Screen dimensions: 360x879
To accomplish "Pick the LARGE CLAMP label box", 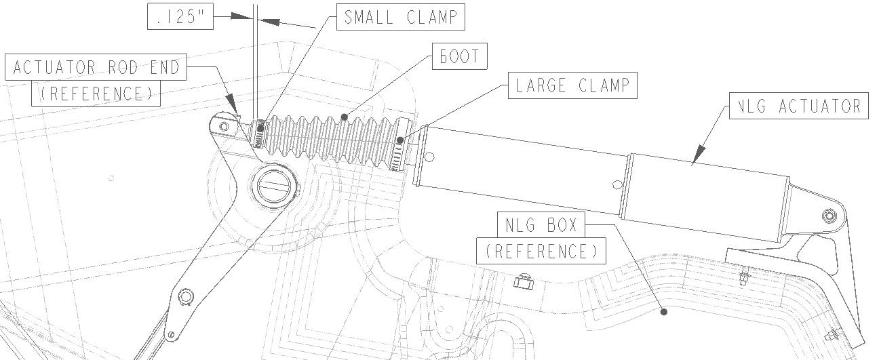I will tap(572, 86).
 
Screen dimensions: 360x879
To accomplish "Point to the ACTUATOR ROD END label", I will tap(96, 68).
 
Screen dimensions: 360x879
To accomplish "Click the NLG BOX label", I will tap(541, 223).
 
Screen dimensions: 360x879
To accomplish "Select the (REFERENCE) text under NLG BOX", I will tap(541, 252).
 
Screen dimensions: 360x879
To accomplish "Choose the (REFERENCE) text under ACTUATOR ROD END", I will tap(96, 94).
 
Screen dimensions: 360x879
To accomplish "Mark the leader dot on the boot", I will tap(345, 117).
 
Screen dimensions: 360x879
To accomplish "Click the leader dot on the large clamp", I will tap(401, 141).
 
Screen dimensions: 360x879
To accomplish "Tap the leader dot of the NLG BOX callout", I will tap(664, 312).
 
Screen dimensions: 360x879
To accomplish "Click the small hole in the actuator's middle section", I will tap(616, 183).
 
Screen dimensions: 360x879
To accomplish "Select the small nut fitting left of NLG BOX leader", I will tap(522, 281).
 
